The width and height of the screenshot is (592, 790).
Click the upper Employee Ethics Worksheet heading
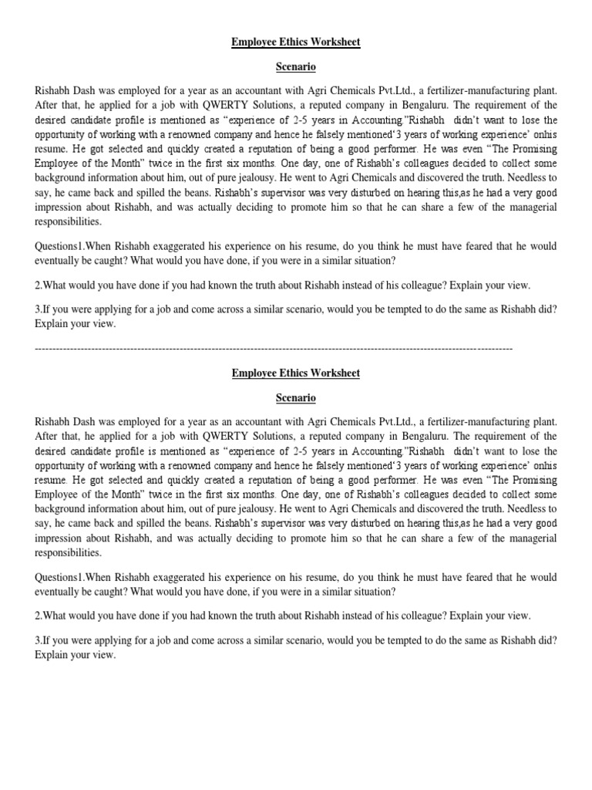click(x=296, y=42)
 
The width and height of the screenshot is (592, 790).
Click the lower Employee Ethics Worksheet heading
click(x=296, y=373)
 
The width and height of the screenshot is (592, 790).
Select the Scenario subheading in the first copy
click(x=296, y=67)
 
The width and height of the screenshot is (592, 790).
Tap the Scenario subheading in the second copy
click(x=296, y=399)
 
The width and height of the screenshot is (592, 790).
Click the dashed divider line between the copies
click(x=274, y=349)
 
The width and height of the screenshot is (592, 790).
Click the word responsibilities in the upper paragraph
click(x=68, y=221)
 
